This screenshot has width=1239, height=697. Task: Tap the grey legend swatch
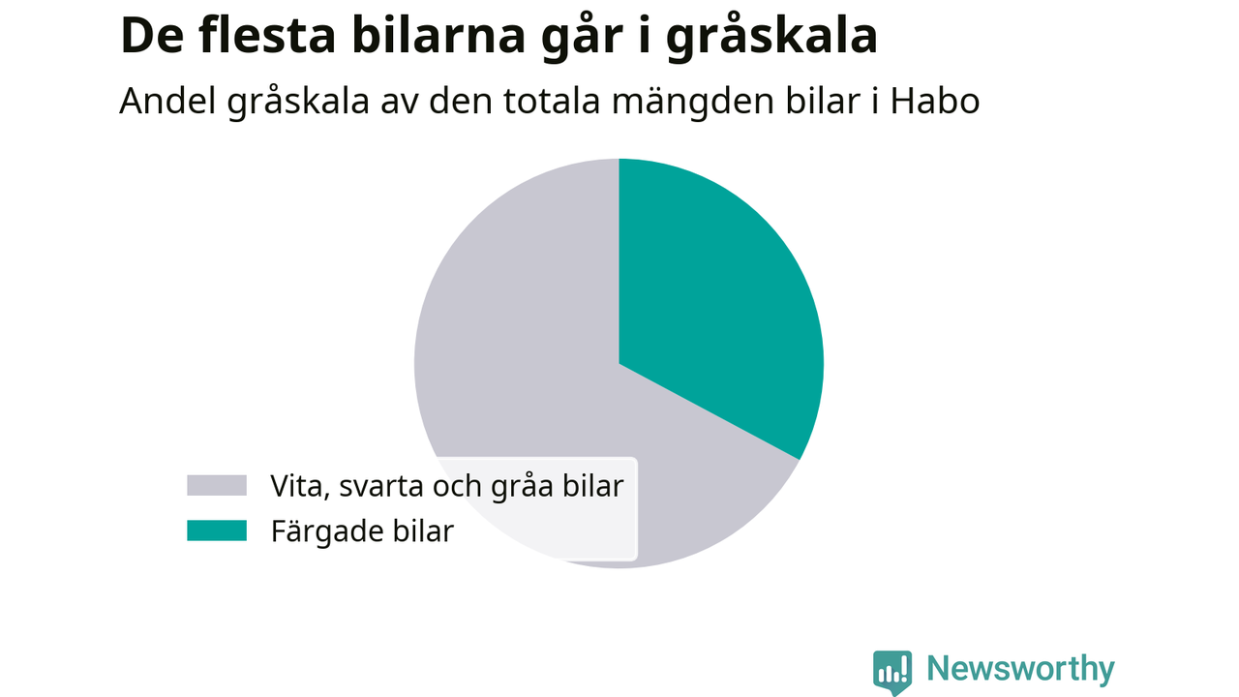tap(217, 485)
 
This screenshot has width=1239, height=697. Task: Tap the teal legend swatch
tap(217, 530)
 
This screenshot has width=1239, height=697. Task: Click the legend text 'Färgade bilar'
tap(362, 531)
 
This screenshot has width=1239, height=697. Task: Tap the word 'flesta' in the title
tap(267, 36)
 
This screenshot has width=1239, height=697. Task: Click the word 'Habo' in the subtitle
tap(935, 102)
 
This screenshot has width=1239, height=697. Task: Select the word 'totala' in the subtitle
tap(552, 102)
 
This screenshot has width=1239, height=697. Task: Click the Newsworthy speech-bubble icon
tap(892, 672)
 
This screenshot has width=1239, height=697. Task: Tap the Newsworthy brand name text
tap(1020, 669)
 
